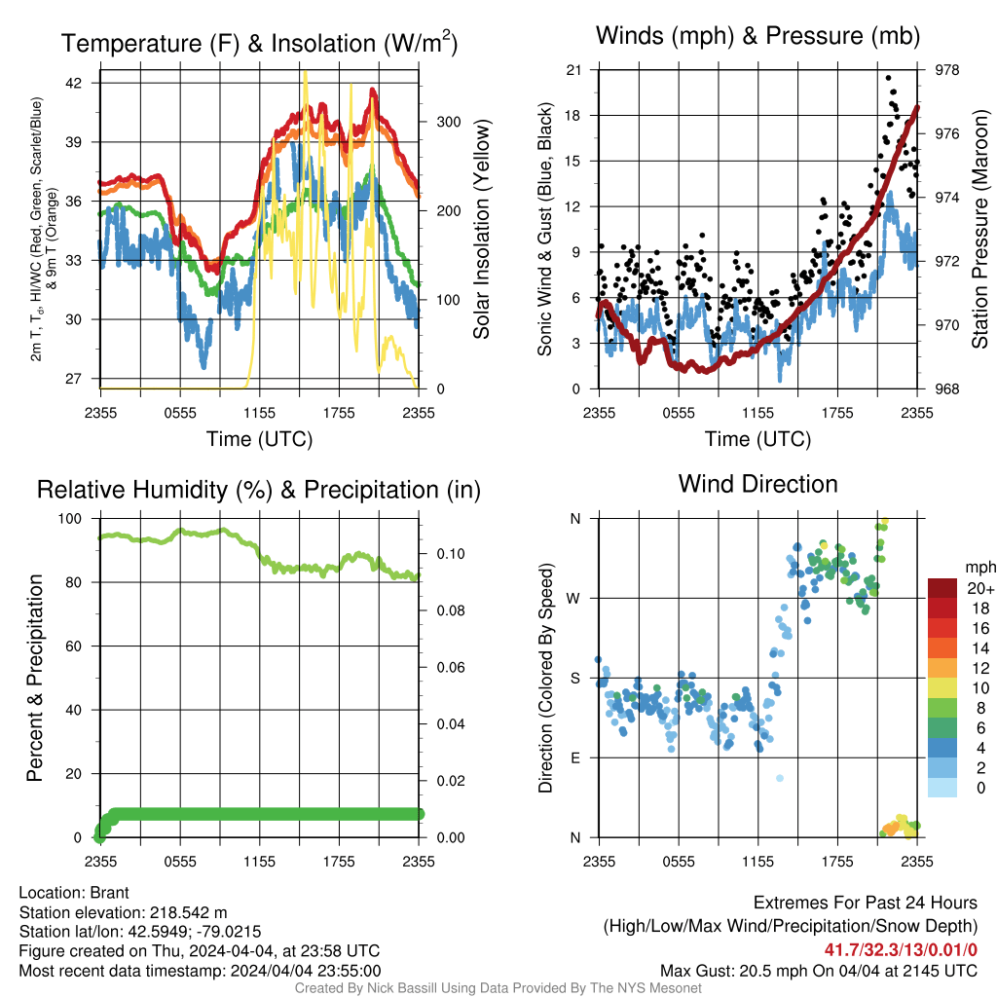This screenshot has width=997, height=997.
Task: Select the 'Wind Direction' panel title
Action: pyautogui.click(x=757, y=484)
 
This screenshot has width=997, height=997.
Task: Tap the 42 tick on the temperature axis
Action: pyautogui.click(x=74, y=83)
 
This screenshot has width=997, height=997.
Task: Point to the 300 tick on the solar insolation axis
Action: pyautogui.click(x=448, y=122)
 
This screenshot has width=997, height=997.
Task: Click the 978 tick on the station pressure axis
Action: pyautogui.click(x=946, y=70)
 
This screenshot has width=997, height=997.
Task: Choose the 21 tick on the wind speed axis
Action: pyautogui.click(x=573, y=70)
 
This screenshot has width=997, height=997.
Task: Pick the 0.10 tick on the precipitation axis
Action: pyautogui.click(x=451, y=554)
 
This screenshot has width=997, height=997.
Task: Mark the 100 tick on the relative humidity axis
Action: pyautogui.click(x=70, y=518)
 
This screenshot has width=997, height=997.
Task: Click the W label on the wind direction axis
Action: pyautogui.click(x=573, y=599)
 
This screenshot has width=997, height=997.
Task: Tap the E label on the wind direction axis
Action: pyautogui.click(x=575, y=757)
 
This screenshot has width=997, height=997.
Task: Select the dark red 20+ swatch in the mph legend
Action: pyautogui.click(x=942, y=588)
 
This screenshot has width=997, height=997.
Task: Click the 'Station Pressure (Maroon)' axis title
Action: pyautogui.click(x=979, y=229)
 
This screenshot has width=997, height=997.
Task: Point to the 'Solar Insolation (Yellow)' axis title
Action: pyautogui.click(x=481, y=229)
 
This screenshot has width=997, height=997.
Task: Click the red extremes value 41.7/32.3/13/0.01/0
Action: pyautogui.click(x=901, y=950)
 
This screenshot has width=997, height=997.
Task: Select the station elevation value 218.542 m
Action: pyautogui.click(x=188, y=912)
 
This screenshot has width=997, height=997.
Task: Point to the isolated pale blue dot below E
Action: pyautogui.click(x=780, y=778)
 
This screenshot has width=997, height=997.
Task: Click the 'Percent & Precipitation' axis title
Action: pyautogui.click(x=34, y=678)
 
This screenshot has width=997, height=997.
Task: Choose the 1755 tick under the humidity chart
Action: pyautogui.click(x=339, y=862)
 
